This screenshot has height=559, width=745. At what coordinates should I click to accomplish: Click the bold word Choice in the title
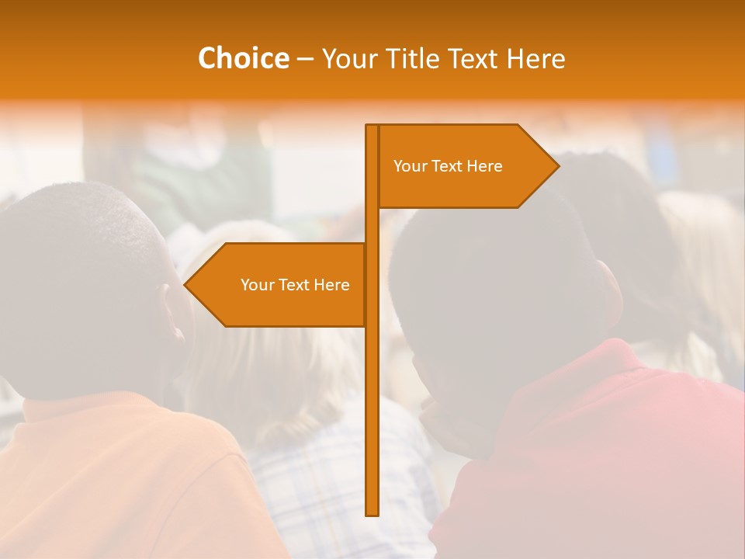click(243, 58)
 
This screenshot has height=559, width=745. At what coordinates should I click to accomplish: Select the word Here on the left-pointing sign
click(331, 285)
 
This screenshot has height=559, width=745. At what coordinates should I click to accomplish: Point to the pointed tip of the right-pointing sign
click(557, 165)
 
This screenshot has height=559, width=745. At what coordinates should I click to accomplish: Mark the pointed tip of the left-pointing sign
click(185, 285)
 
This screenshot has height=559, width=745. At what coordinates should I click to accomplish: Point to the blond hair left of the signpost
click(279, 373)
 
